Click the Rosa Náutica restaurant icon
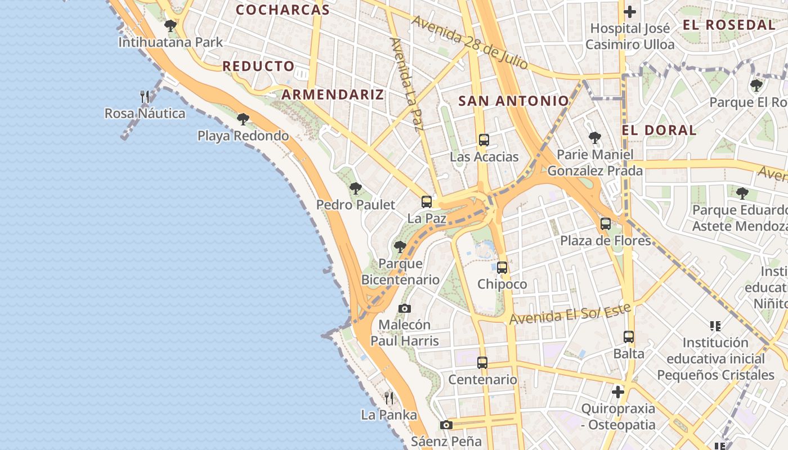point(145,97)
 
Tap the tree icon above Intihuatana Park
point(170,26)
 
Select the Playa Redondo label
point(243,136)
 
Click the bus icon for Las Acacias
point(483,140)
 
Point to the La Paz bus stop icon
point(427,202)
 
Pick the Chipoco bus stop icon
point(502,268)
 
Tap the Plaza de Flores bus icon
point(606,224)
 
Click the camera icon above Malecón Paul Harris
point(404,308)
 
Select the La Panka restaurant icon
point(389,398)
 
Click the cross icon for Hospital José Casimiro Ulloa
point(630,11)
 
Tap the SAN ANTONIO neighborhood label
point(513,101)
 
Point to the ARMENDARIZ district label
point(333,94)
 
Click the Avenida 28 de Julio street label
point(470,42)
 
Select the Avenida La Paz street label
point(406,84)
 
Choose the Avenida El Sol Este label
point(570,314)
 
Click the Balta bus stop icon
point(629,337)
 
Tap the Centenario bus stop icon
point(482,363)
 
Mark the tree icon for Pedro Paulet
point(355,188)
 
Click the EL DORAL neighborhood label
point(659,130)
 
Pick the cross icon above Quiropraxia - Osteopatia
point(618,392)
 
